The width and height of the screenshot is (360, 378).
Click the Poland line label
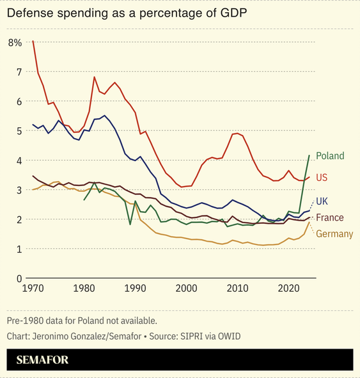click(330, 156)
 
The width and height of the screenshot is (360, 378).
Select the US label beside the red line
click(322, 178)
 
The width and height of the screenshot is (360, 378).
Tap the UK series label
click(322, 201)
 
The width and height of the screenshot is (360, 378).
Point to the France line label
click(330, 217)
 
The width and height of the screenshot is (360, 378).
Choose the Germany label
click(334, 233)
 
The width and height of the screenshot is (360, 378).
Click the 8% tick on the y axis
click(15, 43)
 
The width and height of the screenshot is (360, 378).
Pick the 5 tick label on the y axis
click(19, 131)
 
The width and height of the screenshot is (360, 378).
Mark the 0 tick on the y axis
click(19, 279)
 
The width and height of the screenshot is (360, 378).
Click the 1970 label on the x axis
click(33, 288)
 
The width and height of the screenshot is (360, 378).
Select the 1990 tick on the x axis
click(135, 288)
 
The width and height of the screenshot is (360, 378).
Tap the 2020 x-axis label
click(288, 288)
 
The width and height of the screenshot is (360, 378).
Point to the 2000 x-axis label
click(186, 288)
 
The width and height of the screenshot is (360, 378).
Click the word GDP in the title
click(233, 13)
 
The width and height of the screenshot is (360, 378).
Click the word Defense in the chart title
click(30, 13)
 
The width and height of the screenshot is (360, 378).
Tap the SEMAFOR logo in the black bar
click(42, 360)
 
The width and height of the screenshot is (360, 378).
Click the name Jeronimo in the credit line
click(51, 336)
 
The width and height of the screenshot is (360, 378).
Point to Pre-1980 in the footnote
click(26, 321)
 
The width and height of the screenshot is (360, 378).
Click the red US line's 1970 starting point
click(33, 41)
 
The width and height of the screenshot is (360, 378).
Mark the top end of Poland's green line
click(309, 155)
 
